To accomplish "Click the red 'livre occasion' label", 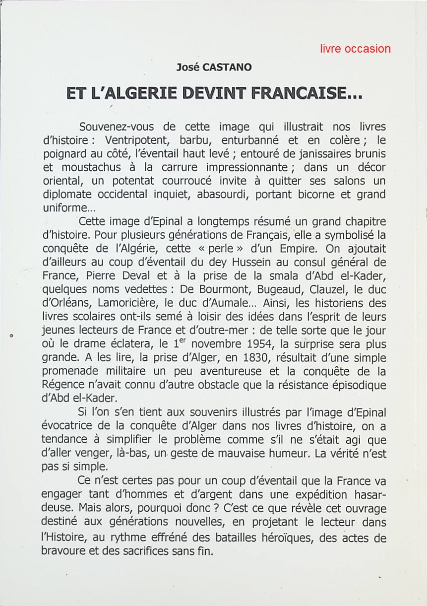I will point(355,49).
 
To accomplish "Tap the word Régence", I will point(63,385).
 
